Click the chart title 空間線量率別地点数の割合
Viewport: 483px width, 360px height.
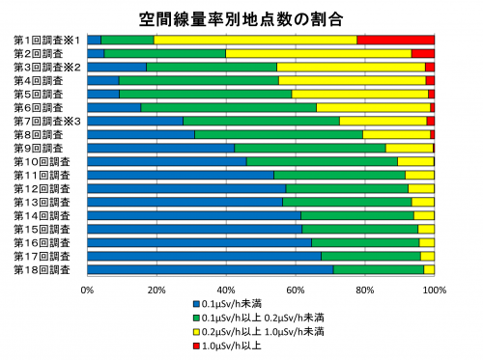[x=241, y=17]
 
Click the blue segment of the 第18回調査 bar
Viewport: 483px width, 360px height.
[x=210, y=269]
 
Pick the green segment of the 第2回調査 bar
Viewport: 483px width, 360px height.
[x=164, y=53]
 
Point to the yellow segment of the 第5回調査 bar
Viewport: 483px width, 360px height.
[x=359, y=94]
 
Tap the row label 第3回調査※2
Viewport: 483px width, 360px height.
[x=46, y=67]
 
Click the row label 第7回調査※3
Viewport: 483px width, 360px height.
[x=46, y=121]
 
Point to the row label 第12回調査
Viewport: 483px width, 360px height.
[x=43, y=188]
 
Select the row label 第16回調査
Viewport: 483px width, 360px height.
[x=43, y=242]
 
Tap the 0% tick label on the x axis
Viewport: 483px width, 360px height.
[x=87, y=289]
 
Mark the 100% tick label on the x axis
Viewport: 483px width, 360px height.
[x=434, y=289]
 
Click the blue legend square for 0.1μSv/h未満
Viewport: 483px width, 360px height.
[x=196, y=304]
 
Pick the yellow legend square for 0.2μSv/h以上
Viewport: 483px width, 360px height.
[x=196, y=330]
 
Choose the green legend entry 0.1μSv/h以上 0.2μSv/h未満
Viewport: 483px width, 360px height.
[x=261, y=317]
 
